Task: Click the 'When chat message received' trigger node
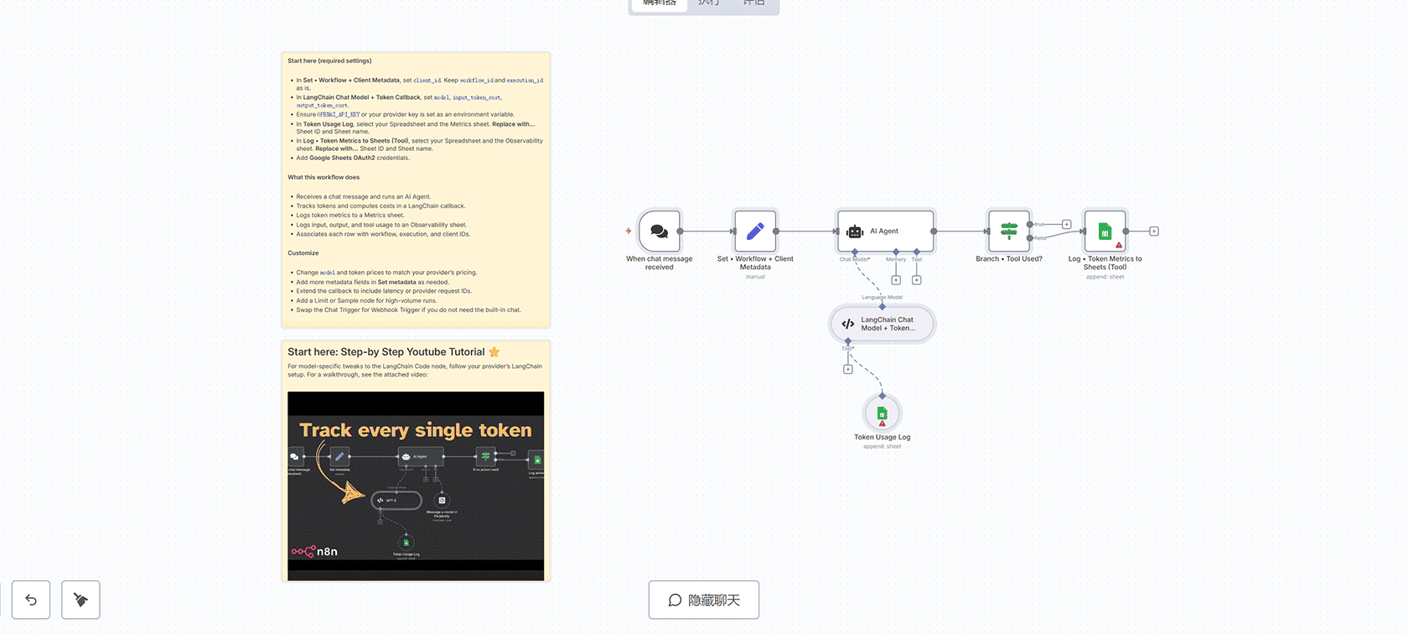660,231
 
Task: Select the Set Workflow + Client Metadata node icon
755,231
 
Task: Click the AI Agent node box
885,231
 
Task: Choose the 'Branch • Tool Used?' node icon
1009,231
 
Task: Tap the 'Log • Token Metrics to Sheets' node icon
1105,231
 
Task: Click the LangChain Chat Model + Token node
883,324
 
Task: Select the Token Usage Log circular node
882,413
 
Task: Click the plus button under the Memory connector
896,280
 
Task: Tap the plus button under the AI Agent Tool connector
917,280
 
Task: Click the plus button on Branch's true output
1067,224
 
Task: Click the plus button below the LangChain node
848,369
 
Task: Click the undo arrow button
31,600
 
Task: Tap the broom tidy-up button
80,600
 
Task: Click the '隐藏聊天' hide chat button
704,600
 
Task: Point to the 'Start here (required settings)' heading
329,60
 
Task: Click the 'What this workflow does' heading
324,177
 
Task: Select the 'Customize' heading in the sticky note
303,252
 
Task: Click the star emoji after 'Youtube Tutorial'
494,351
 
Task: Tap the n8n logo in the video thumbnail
315,551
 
